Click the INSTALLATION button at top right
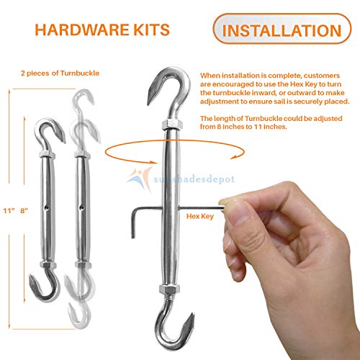point(282,30)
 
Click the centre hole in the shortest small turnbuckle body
point(48,212)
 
